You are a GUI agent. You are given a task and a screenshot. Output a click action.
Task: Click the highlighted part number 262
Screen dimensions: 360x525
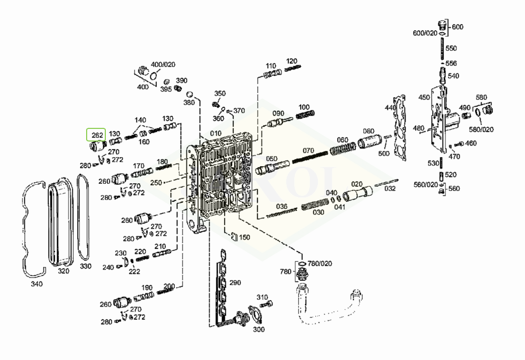point(96,135)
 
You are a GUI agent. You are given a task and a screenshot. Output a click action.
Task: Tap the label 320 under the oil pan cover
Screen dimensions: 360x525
point(63,270)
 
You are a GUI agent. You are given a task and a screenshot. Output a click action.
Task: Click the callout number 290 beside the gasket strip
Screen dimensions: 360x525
point(235,283)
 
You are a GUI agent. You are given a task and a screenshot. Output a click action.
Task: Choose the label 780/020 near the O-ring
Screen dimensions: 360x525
point(320,263)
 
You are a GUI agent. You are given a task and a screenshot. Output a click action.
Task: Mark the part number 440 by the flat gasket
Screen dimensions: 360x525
point(390,108)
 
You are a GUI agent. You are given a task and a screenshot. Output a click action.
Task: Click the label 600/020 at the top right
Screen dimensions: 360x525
point(425,33)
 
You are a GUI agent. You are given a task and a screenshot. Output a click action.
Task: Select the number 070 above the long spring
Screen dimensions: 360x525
point(308,150)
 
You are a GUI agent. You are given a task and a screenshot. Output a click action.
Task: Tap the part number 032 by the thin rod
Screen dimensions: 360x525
point(390,188)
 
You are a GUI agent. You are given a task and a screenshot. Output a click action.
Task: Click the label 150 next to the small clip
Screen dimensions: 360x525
point(244,237)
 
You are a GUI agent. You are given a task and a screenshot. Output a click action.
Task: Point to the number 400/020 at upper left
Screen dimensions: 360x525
point(163,64)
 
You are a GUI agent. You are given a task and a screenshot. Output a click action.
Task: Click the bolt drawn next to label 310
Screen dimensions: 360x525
point(268,304)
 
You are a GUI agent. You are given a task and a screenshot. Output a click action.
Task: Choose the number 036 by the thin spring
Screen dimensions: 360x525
point(281,206)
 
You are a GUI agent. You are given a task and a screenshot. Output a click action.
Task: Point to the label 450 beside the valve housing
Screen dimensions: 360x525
point(424,98)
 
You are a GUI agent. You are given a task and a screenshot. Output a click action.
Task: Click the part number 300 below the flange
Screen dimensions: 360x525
point(258,329)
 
